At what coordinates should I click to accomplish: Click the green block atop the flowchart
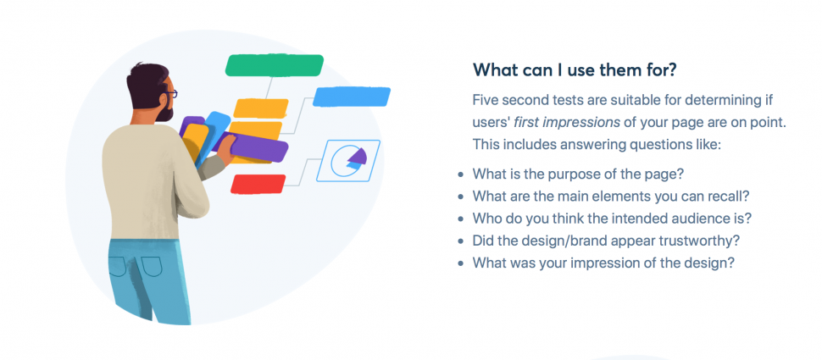[x=275, y=65]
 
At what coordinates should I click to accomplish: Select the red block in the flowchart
[x=258, y=183]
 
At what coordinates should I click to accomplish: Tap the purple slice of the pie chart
[x=356, y=156]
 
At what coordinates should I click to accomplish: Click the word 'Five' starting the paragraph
[x=487, y=100]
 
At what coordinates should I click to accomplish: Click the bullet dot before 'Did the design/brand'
[x=460, y=241]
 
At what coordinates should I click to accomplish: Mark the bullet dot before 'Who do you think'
[x=460, y=219]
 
